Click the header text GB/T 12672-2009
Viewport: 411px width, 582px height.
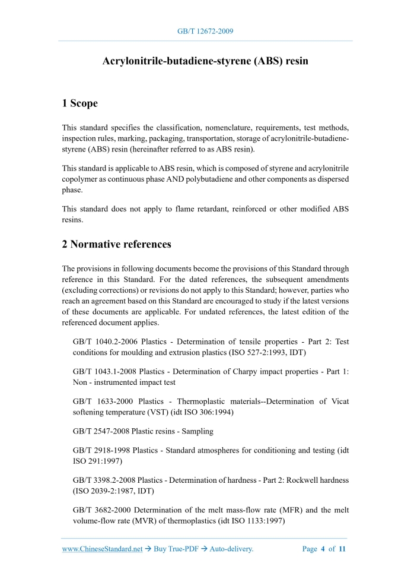[205, 31]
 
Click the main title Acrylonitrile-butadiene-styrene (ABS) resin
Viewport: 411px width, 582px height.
[205, 61]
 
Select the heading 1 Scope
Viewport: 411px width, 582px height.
[79, 103]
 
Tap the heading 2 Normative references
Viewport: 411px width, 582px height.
[116, 243]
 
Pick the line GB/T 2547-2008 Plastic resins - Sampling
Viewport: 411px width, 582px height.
[143, 431]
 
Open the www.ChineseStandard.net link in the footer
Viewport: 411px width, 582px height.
[102, 549]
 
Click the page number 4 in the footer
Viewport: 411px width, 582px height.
[323, 549]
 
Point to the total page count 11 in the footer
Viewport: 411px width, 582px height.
[342, 549]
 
